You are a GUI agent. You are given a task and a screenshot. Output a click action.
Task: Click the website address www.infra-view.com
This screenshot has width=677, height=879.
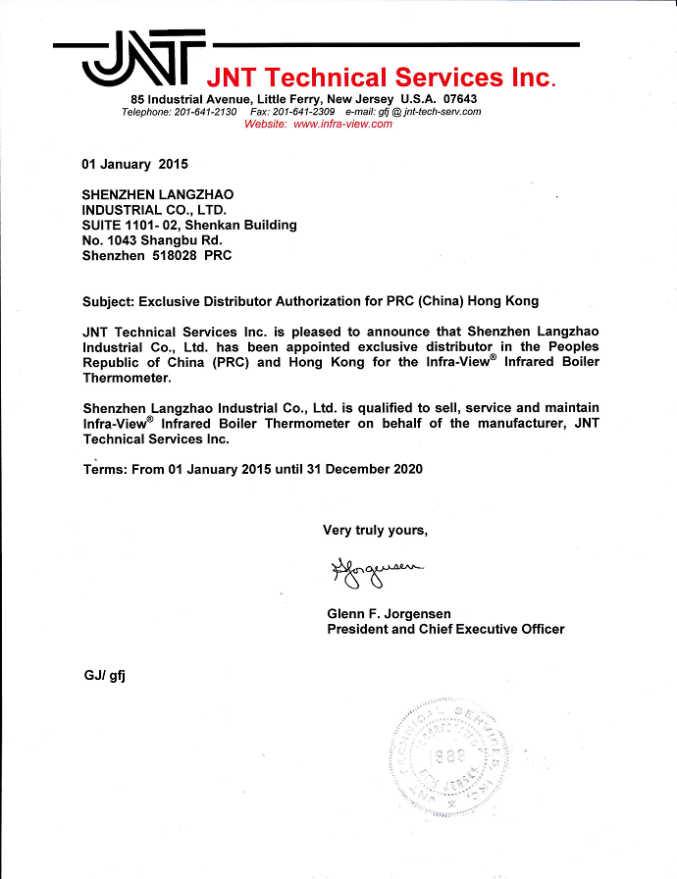(x=342, y=124)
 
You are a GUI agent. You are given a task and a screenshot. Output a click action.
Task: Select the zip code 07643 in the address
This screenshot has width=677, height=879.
(x=459, y=100)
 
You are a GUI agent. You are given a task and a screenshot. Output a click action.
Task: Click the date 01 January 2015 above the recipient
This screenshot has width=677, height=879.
(x=134, y=164)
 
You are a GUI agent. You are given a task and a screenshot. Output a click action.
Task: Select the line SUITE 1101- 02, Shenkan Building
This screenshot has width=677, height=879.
(x=189, y=225)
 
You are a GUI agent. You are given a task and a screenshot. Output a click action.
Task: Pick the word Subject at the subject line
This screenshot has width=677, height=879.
(x=107, y=301)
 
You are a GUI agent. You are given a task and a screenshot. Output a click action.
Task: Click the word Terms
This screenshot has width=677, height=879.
(x=103, y=469)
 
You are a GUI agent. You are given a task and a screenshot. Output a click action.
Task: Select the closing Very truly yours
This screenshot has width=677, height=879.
(x=376, y=531)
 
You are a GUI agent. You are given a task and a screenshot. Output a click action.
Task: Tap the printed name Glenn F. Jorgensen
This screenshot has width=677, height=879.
(x=389, y=614)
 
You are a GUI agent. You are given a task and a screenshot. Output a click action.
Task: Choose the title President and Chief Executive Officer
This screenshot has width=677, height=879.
(x=445, y=629)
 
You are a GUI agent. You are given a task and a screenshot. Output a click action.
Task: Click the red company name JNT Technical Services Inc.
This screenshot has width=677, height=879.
(x=380, y=77)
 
